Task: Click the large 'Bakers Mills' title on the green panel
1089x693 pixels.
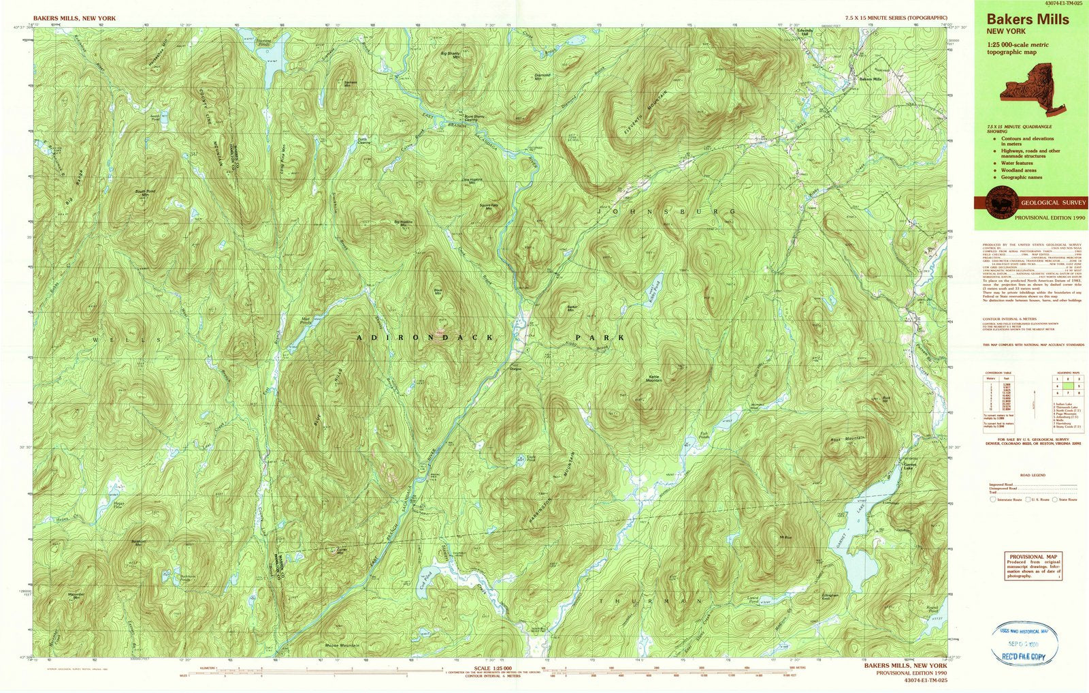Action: click(1028, 20)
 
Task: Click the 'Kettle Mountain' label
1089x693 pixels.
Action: click(653, 380)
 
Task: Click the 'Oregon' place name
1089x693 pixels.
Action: click(515, 369)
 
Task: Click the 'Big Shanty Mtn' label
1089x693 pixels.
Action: click(451, 54)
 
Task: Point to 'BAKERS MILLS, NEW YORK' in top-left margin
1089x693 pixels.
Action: click(75, 18)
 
